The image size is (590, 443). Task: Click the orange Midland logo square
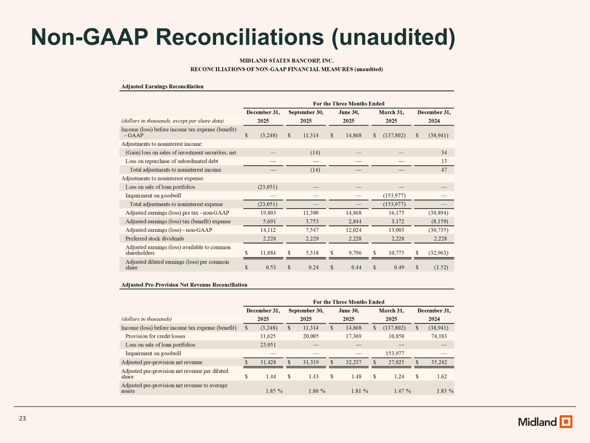(566, 421)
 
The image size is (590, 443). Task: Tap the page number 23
(22, 418)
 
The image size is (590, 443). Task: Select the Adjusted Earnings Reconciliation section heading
(162, 87)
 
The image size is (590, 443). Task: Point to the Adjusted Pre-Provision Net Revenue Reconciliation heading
(184, 285)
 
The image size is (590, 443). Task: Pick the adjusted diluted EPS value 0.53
(271, 267)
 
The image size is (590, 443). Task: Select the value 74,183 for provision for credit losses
(439, 336)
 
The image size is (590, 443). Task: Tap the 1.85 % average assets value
(274, 391)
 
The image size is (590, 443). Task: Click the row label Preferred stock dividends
(155, 239)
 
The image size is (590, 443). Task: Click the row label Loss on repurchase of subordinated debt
(172, 161)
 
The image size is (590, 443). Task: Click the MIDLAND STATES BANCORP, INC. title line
(287, 61)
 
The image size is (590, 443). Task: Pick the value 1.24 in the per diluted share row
(399, 377)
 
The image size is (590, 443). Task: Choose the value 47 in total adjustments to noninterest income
(444, 170)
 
